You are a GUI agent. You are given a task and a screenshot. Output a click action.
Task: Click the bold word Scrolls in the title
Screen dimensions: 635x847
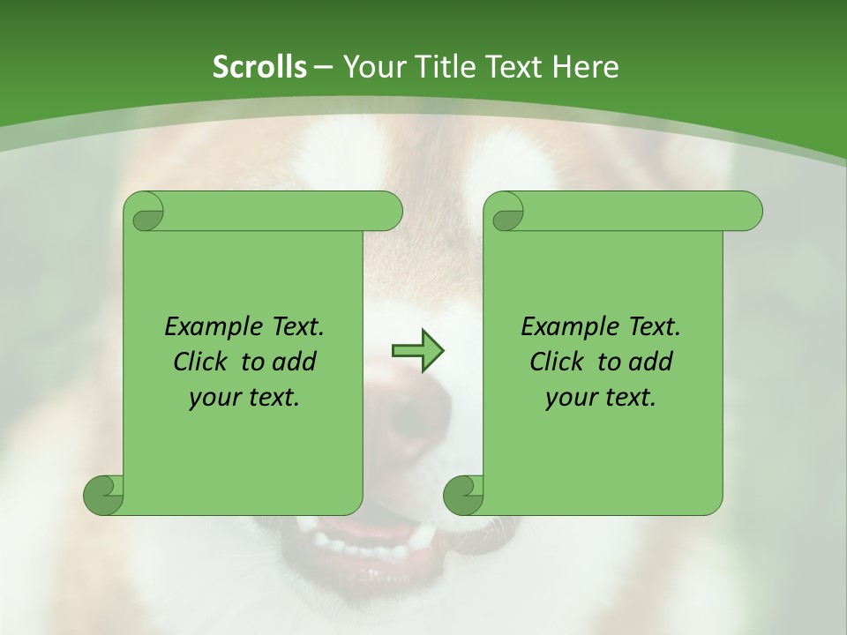click(x=259, y=67)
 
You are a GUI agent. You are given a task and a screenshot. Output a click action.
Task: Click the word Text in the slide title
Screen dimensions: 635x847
click(x=514, y=67)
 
